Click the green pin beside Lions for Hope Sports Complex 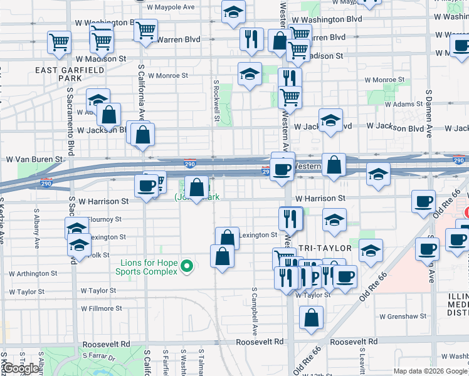click(x=186, y=267)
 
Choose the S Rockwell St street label click(x=216, y=100)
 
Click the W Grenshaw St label click(x=403, y=317)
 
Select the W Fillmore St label click(x=102, y=308)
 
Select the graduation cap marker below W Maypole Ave click(x=234, y=13)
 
